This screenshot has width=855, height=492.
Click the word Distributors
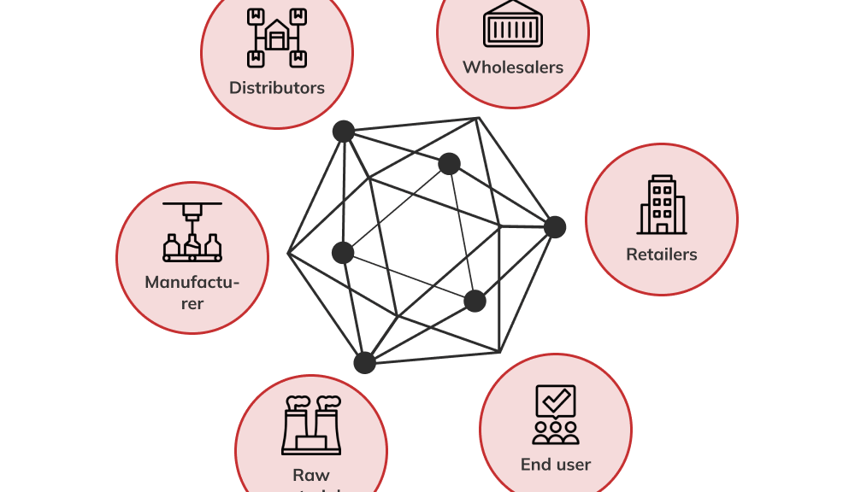tap(276, 88)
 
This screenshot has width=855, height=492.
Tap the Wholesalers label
tap(513, 67)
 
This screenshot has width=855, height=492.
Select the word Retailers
tap(661, 255)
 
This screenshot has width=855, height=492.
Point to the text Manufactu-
tap(192, 282)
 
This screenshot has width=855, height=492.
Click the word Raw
tap(310, 475)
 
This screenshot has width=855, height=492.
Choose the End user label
tap(556, 465)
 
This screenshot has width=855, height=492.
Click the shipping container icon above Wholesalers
tap(513, 24)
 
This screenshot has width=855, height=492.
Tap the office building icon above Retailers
tap(662, 205)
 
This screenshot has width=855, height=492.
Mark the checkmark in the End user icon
tap(556, 399)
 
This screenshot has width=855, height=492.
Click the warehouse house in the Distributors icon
tap(277, 37)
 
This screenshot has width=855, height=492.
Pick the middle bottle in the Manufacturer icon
tap(192, 246)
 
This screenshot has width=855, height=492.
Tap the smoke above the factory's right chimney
tap(329, 400)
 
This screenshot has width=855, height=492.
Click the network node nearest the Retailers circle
tap(555, 227)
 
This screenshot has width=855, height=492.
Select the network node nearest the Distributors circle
tap(344, 132)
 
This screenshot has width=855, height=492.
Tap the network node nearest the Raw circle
tap(365, 362)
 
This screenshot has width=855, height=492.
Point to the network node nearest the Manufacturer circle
tap(343, 252)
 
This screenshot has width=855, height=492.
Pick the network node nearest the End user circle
tap(475, 301)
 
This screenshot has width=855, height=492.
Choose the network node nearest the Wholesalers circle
tap(450, 164)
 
